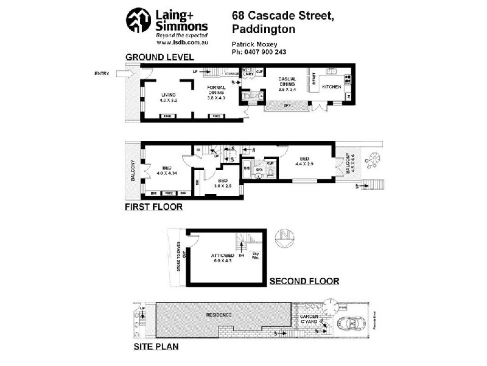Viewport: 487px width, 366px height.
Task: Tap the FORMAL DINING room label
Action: (x=217, y=92)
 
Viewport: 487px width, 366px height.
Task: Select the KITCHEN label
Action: (x=332, y=87)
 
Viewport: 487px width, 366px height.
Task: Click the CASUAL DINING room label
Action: (x=287, y=84)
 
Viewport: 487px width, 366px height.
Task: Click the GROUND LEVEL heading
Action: (x=159, y=57)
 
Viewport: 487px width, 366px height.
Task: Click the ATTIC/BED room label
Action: (x=222, y=258)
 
